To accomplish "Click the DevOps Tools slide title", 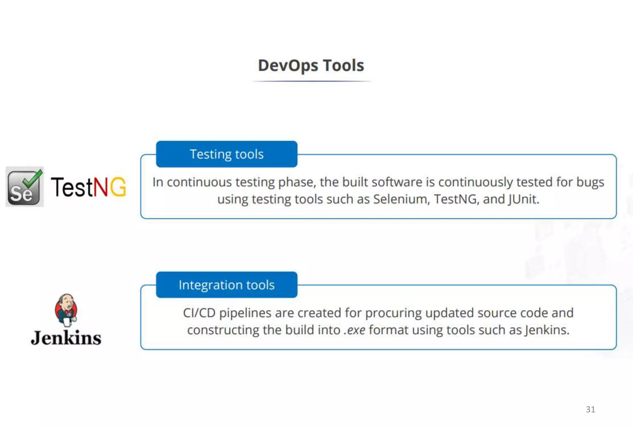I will point(311,66).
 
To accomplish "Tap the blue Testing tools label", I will point(227,154).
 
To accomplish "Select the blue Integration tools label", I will point(227,285).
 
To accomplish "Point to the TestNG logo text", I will point(88,187).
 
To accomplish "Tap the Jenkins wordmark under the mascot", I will point(66,338).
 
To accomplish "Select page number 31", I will point(590,409).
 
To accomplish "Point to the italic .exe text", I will point(355,330).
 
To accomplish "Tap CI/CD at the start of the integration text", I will point(199,313).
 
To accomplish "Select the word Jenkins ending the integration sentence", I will point(546,330).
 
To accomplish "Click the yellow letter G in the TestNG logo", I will point(118,187).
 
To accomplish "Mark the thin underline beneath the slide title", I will point(312,81).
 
